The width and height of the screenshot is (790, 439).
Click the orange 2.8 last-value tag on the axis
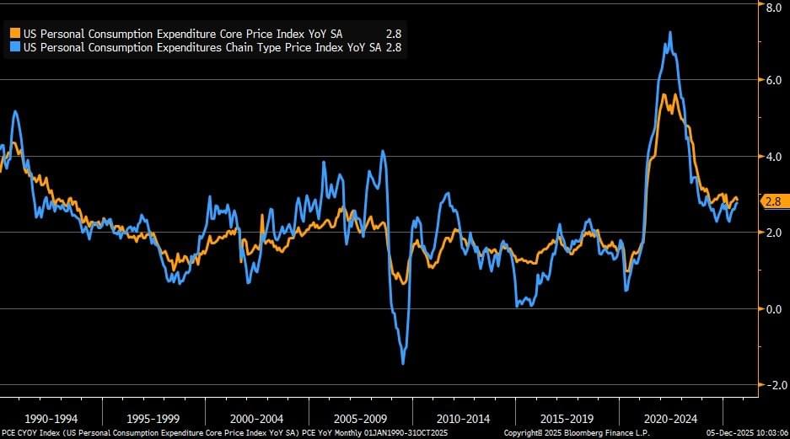pyautogui.click(x=773, y=201)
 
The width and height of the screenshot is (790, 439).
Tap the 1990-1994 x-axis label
pyautogui.click(x=52, y=418)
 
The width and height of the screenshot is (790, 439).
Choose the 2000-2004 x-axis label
pyautogui.click(x=258, y=418)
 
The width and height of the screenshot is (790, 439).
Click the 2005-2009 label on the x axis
pyautogui.click(x=361, y=418)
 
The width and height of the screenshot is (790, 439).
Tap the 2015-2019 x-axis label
pyautogui.click(x=567, y=418)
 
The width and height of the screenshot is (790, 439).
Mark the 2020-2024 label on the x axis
pyautogui.click(x=670, y=418)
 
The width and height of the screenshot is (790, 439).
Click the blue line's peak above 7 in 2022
pyautogui.click(x=670, y=33)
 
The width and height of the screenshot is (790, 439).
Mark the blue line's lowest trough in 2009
pyautogui.click(x=403, y=363)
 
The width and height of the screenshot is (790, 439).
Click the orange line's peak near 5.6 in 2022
pyautogui.click(x=665, y=94)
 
